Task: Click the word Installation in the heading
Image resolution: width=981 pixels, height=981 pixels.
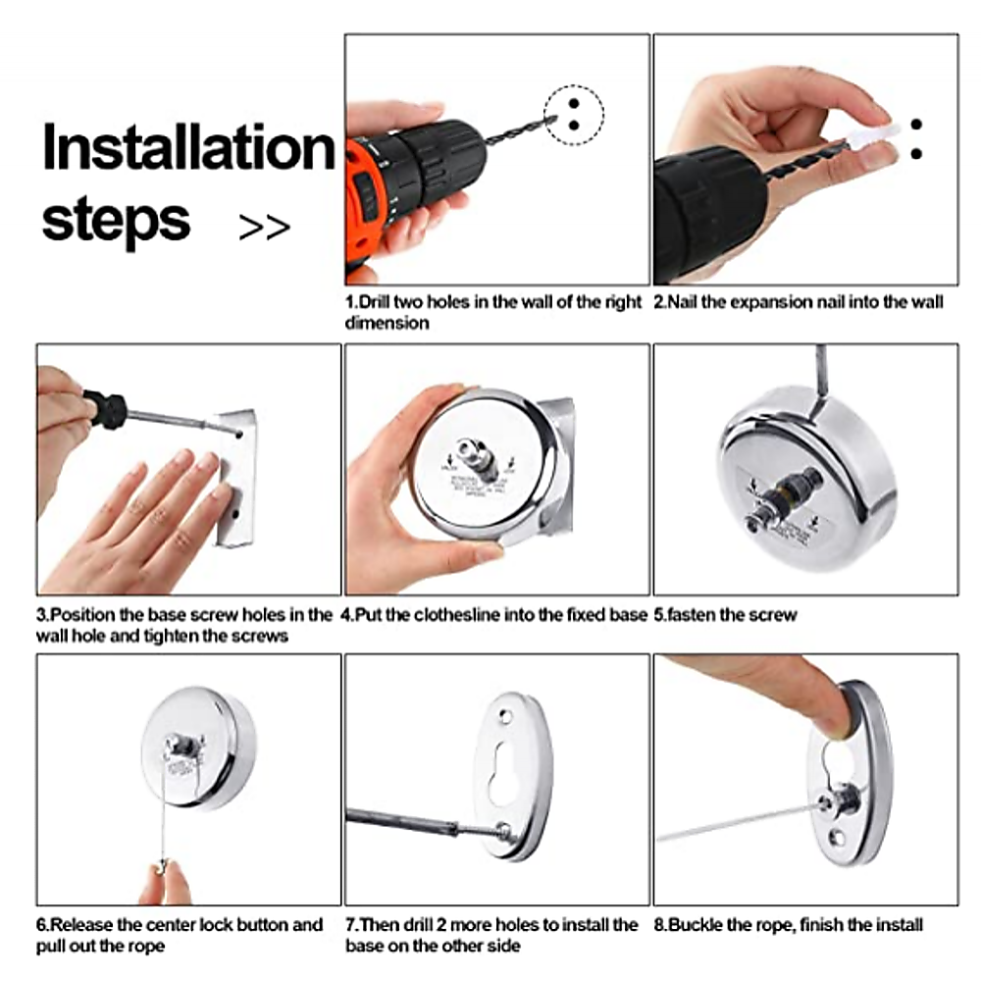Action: [x=188, y=148]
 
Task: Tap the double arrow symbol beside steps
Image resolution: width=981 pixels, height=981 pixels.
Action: [x=265, y=227]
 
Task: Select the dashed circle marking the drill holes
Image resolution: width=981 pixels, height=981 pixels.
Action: [x=574, y=115]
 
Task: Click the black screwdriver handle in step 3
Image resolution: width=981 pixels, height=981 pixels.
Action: [x=106, y=408]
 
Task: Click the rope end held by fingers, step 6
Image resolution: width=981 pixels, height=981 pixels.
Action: [x=163, y=867]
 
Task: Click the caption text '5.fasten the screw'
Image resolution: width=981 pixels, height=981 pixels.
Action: [x=725, y=615]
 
